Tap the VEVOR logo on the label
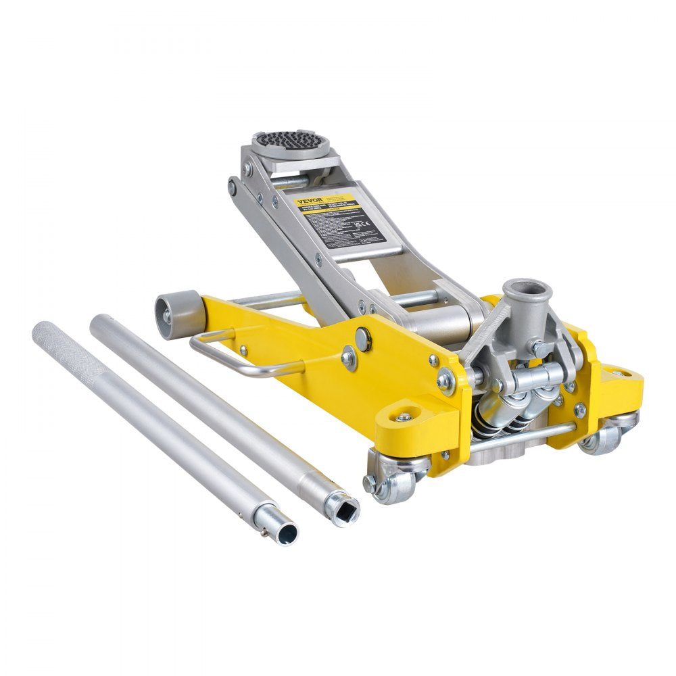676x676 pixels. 308,200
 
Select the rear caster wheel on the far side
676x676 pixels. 604,435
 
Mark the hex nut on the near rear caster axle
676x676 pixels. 370,484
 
